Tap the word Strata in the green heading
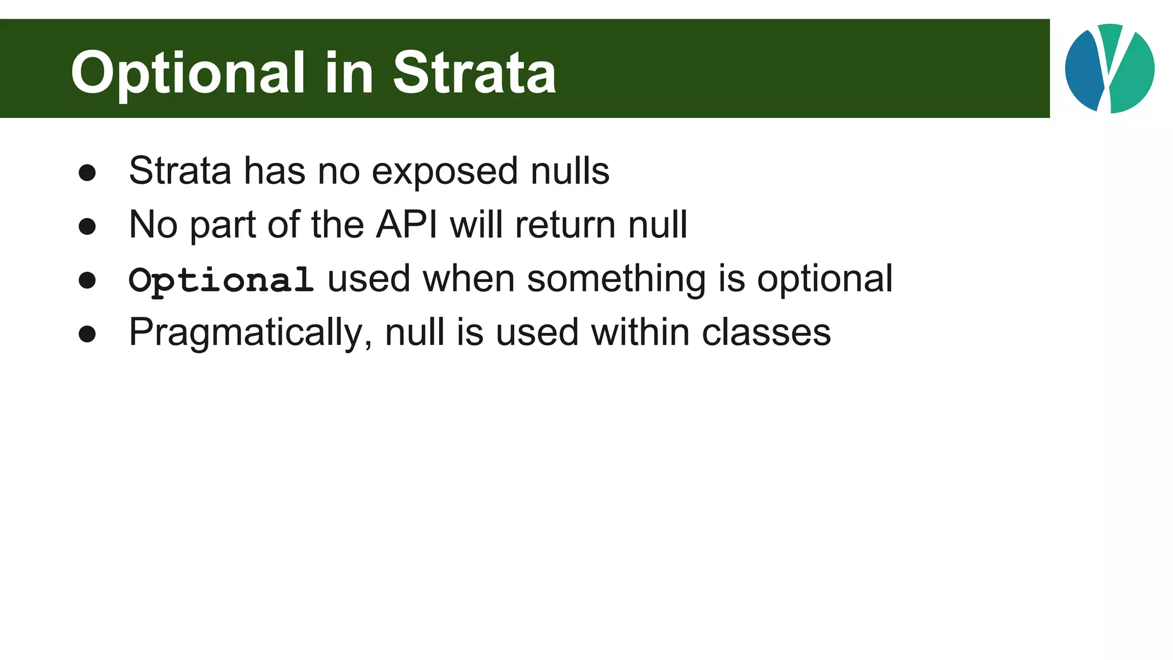coord(474,73)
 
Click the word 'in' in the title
coord(349,73)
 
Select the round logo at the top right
coord(1109,69)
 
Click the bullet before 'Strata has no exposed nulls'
coord(87,172)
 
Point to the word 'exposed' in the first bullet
coord(445,171)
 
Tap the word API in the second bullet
coord(406,224)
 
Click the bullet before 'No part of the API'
coord(87,226)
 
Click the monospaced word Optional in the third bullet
coord(221,280)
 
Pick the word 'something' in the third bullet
coord(616,279)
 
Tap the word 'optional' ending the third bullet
coord(824,279)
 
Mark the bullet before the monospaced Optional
coord(87,280)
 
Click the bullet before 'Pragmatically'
coord(87,334)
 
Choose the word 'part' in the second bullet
coord(223,225)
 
